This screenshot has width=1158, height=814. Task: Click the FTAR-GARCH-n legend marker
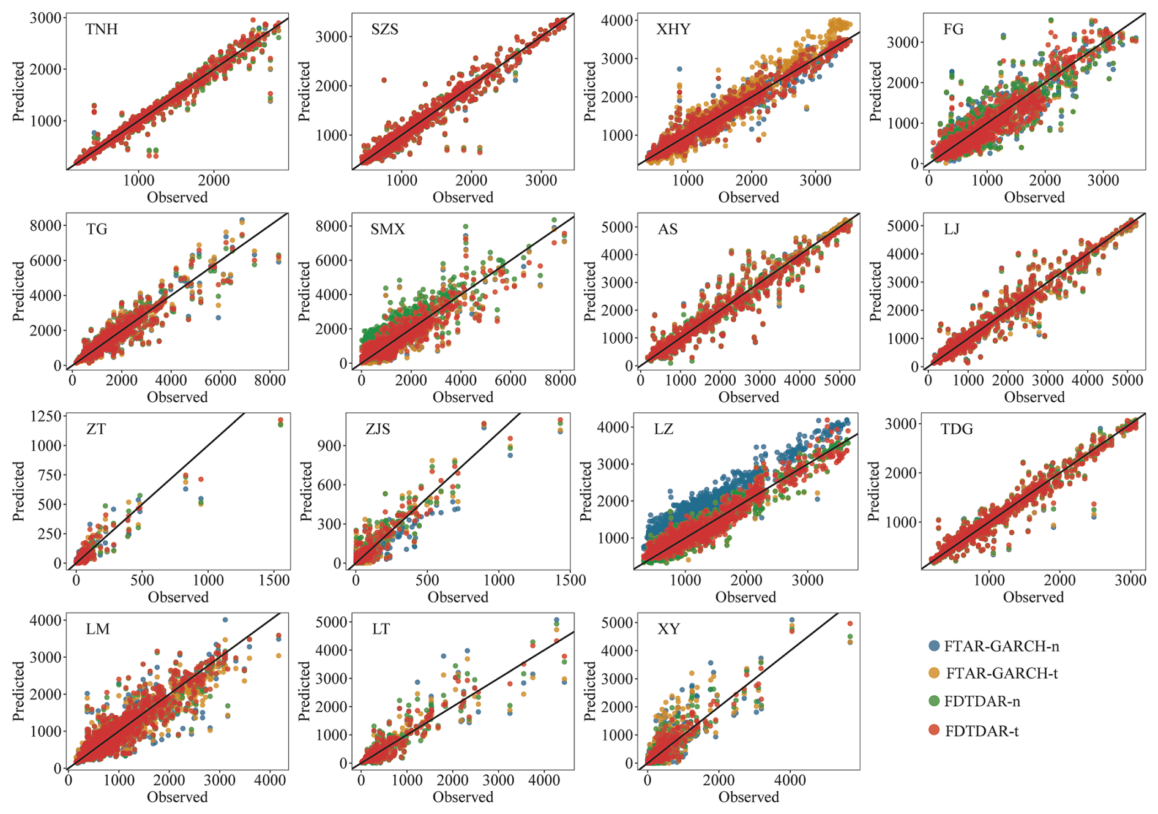pyautogui.click(x=934, y=646)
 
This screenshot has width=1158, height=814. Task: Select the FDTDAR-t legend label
pyautogui.click(x=982, y=731)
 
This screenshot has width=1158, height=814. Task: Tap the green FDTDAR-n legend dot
pyautogui.click(x=934, y=701)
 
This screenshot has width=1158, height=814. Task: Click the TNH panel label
pyautogui.click(x=102, y=29)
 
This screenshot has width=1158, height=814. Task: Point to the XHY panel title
pyautogui.click(x=673, y=29)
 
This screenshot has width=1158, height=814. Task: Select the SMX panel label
pyautogui.click(x=387, y=229)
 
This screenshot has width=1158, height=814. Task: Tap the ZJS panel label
pyautogui.click(x=378, y=429)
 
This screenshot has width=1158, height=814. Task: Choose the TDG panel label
pyautogui.click(x=957, y=429)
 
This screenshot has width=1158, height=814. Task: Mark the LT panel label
pyautogui.click(x=381, y=629)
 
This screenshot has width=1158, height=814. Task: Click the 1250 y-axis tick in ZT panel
pyautogui.click(x=46, y=416)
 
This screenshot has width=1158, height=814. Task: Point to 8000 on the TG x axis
pyautogui.click(x=270, y=380)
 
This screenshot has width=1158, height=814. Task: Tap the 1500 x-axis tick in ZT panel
pyautogui.click(x=274, y=579)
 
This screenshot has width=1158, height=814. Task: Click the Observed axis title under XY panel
pyautogui.click(x=749, y=797)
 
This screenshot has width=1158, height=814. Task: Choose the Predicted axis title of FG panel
pyautogui.click(x=876, y=91)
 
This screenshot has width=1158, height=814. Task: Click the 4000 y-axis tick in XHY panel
pyautogui.click(x=617, y=20)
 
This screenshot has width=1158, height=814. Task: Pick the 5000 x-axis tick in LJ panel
pyautogui.click(x=1127, y=380)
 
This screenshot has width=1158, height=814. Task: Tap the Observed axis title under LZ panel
pyautogui.click(x=745, y=597)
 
